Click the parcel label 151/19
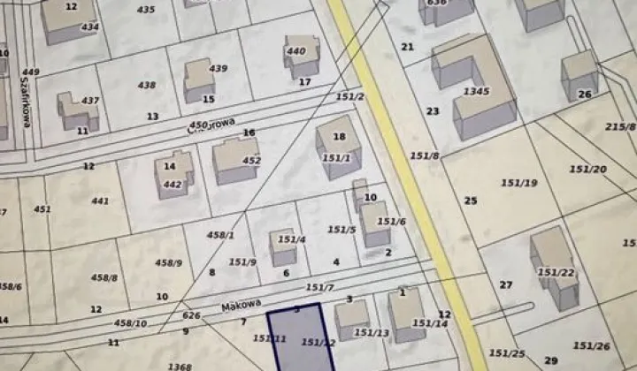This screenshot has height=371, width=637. [x=519, y=183]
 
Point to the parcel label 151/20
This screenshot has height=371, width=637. [x=588, y=169]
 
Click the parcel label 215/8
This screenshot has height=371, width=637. [x=620, y=127]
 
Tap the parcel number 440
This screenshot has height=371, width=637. [x=296, y=51]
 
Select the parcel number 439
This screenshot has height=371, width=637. [x=218, y=69]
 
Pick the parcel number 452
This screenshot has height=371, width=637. [x=252, y=161]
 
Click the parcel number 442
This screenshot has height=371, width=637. [x=172, y=184]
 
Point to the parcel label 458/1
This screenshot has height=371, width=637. [x=220, y=235]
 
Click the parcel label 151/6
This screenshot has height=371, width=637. [x=391, y=221]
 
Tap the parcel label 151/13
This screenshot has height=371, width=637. [x=372, y=332]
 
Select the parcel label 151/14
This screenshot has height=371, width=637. [x=430, y=324]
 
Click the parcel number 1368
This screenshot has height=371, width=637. [x=180, y=366]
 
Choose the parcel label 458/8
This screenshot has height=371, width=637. [x=104, y=277]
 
